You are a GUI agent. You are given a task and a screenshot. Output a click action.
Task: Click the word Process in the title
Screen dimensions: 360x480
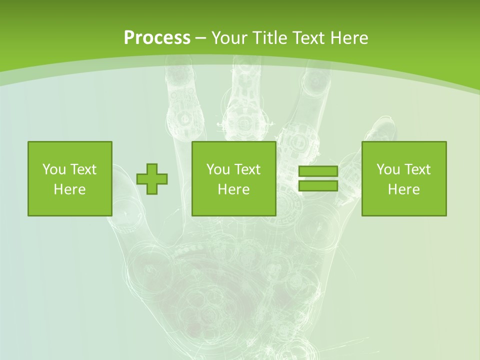[x=157, y=37]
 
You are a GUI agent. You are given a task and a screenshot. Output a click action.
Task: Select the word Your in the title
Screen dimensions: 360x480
[x=230, y=37]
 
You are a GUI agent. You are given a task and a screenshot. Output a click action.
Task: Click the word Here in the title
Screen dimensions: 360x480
[x=348, y=37]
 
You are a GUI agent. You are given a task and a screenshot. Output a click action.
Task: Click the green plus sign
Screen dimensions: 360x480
[x=152, y=179]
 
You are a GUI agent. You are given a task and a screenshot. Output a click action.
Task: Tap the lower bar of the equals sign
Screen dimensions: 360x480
[x=318, y=185]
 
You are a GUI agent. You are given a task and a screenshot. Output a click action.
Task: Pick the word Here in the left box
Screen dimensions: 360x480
[x=69, y=189]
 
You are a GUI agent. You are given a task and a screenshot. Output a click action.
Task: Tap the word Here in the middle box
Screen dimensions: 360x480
[x=234, y=189]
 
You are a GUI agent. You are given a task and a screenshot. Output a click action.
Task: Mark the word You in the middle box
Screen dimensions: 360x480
[x=217, y=169]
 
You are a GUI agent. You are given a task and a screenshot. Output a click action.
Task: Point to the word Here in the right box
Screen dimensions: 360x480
[x=404, y=189]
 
